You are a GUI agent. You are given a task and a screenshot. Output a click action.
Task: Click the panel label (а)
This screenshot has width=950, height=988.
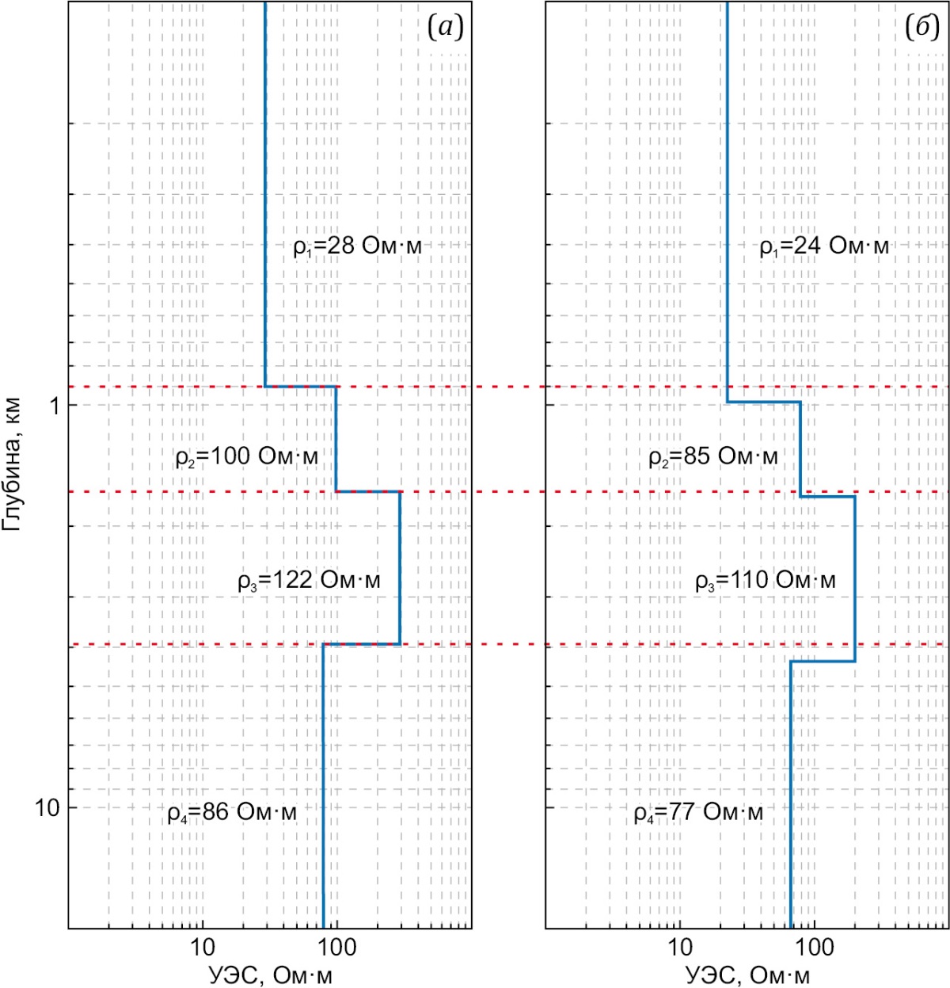pos(445,29)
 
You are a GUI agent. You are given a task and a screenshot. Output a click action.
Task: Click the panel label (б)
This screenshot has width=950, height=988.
pos(922,29)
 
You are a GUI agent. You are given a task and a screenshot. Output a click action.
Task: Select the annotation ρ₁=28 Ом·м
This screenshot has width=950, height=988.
pos(357,246)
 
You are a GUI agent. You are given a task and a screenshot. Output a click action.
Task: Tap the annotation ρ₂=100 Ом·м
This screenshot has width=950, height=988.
pos(247,457)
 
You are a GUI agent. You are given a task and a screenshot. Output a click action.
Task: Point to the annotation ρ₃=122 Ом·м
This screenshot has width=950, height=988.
pos(309,581)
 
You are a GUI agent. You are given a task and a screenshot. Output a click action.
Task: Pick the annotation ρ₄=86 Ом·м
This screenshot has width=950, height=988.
pos(232,813)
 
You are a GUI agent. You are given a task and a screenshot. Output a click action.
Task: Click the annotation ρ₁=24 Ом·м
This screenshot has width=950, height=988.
pos(824,246)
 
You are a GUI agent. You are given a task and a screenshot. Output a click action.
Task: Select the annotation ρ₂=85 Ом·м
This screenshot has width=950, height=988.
pos(713,457)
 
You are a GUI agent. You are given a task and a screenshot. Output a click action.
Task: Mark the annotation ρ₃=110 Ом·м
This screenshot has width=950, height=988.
pos(766,581)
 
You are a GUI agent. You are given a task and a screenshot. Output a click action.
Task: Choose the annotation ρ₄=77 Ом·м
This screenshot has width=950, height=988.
pos(698,813)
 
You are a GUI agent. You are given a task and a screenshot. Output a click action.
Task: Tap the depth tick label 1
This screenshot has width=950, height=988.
pos(55,406)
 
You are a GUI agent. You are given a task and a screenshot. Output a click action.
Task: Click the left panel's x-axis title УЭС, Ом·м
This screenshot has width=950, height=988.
pos(271,975)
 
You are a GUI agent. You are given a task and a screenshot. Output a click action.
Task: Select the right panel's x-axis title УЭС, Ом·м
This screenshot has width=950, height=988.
pos(748,975)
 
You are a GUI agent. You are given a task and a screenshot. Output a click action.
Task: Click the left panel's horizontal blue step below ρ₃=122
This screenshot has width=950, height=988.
pos(362,644)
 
